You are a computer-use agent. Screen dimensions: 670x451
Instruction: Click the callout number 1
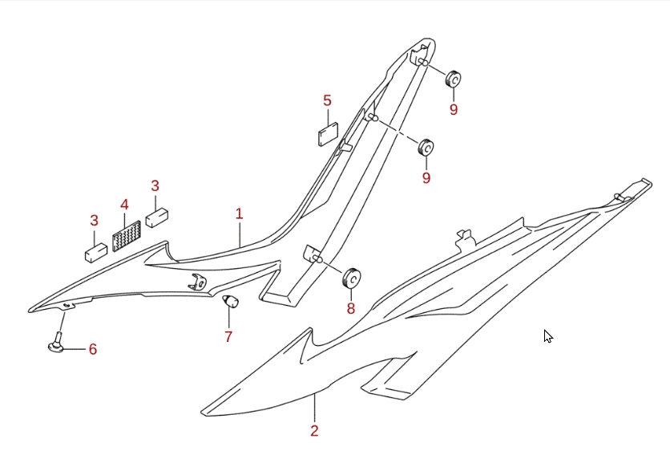tap(240, 213)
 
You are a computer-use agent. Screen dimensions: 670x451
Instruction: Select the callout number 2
tap(314, 430)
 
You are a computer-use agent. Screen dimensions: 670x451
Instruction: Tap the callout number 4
tap(124, 205)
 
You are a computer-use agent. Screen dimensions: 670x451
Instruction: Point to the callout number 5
tap(327, 101)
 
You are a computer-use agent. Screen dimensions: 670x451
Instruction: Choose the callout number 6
tap(93, 349)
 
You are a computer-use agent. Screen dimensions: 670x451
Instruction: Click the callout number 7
tap(228, 337)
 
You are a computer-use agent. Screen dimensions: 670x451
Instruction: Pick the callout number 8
tap(351, 308)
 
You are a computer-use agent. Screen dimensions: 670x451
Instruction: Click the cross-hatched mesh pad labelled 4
tap(127, 236)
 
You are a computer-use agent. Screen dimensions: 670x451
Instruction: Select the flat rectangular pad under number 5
tap(328, 134)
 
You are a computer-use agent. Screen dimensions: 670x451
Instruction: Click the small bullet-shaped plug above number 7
tap(231, 301)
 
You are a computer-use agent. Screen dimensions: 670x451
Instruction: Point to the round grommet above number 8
tap(352, 278)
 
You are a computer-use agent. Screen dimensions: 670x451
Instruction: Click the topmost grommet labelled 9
tap(453, 79)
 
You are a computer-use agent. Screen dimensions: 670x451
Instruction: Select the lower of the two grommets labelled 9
tap(426, 148)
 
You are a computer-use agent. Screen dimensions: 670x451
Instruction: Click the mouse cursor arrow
tap(548, 336)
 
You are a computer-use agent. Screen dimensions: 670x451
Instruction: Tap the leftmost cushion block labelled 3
tap(96, 253)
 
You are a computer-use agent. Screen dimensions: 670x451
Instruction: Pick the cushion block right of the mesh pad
tap(157, 217)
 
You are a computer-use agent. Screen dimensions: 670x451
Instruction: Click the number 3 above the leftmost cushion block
tap(95, 221)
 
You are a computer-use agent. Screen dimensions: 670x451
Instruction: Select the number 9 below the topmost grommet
tap(454, 110)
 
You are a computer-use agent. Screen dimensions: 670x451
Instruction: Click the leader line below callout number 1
tap(240, 234)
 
